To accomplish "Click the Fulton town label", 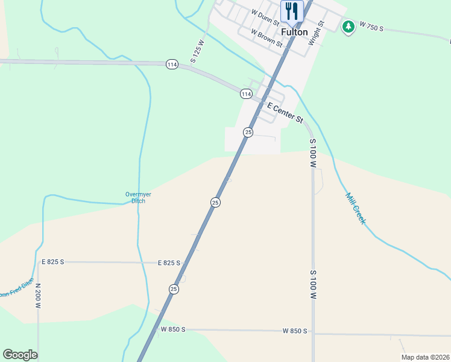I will [294, 32].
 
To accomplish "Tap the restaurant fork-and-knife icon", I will [292, 11].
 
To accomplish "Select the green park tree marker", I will [348, 27].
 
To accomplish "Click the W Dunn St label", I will [265, 16].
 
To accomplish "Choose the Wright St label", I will [317, 34].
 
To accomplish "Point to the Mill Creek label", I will [355, 208].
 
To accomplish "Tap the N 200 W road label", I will [37, 296].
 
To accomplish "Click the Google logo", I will [20, 354].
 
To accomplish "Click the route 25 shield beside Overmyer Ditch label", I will [215, 202].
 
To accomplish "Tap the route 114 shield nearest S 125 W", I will [172, 65].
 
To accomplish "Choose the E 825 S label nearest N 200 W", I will [52, 262].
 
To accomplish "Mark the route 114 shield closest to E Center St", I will [245, 94].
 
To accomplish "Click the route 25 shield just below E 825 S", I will [174, 289].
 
